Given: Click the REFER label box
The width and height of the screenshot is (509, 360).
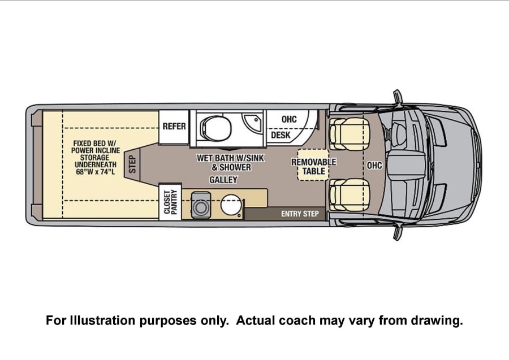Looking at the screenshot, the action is (x=174, y=127).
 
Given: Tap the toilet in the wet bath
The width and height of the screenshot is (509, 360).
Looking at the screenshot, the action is (x=216, y=128).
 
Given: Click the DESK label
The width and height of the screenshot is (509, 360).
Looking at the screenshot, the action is (x=281, y=135).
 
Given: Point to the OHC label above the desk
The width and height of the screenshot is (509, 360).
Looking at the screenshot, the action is (x=289, y=119).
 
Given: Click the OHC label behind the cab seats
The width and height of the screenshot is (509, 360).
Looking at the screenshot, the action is (x=374, y=166).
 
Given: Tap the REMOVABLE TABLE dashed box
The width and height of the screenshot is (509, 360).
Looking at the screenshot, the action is (x=313, y=165).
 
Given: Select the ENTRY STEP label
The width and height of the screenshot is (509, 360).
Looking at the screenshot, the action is (x=300, y=214).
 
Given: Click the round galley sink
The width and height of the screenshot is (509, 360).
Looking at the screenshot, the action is (x=231, y=205).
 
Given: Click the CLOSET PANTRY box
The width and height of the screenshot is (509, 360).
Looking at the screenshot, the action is (x=170, y=201).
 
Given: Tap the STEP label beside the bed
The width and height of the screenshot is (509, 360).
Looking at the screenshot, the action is (x=132, y=164).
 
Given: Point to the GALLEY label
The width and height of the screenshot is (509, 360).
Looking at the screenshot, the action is (x=223, y=180).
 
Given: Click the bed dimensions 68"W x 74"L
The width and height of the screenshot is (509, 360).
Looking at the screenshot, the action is (x=96, y=172).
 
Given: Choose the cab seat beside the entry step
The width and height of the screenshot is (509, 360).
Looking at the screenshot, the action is (x=349, y=194).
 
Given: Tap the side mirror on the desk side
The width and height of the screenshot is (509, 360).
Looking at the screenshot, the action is (x=398, y=97).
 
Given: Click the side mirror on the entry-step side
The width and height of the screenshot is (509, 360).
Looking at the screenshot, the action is (x=398, y=232).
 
